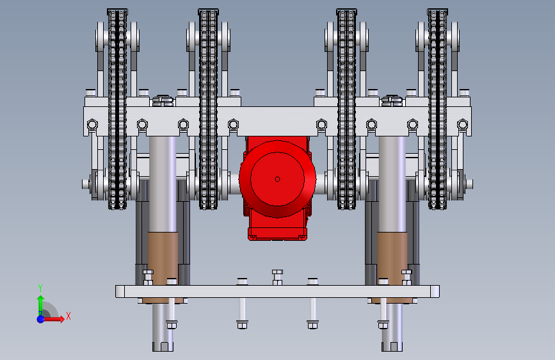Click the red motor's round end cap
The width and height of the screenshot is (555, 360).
(x=278, y=179)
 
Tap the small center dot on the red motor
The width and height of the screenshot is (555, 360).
(x=278, y=179)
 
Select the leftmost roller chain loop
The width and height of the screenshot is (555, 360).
(x=117, y=109)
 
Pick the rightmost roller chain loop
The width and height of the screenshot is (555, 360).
(x=437, y=109)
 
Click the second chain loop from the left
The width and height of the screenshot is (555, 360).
(x=208, y=109)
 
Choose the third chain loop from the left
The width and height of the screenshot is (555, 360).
(x=346, y=109)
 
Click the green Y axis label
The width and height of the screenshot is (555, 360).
(x=40, y=288)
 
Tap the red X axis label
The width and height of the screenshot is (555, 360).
(x=68, y=316)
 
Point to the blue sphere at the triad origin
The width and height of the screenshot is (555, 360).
(x=41, y=319)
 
